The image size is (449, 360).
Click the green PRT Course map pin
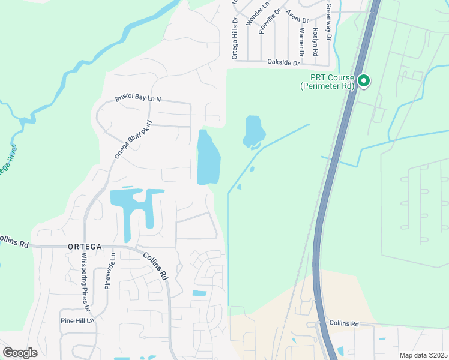coord(363,80)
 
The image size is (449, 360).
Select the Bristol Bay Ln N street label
coord(139,99)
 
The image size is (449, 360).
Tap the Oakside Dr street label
coord(283,62)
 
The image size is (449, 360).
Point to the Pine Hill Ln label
coord(77,321)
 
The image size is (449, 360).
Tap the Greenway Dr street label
coord(328,22)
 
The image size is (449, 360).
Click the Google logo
coord(20,353)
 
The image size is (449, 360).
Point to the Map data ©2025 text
coord(423,355)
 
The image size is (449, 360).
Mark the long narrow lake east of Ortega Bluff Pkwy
coord(208,157)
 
